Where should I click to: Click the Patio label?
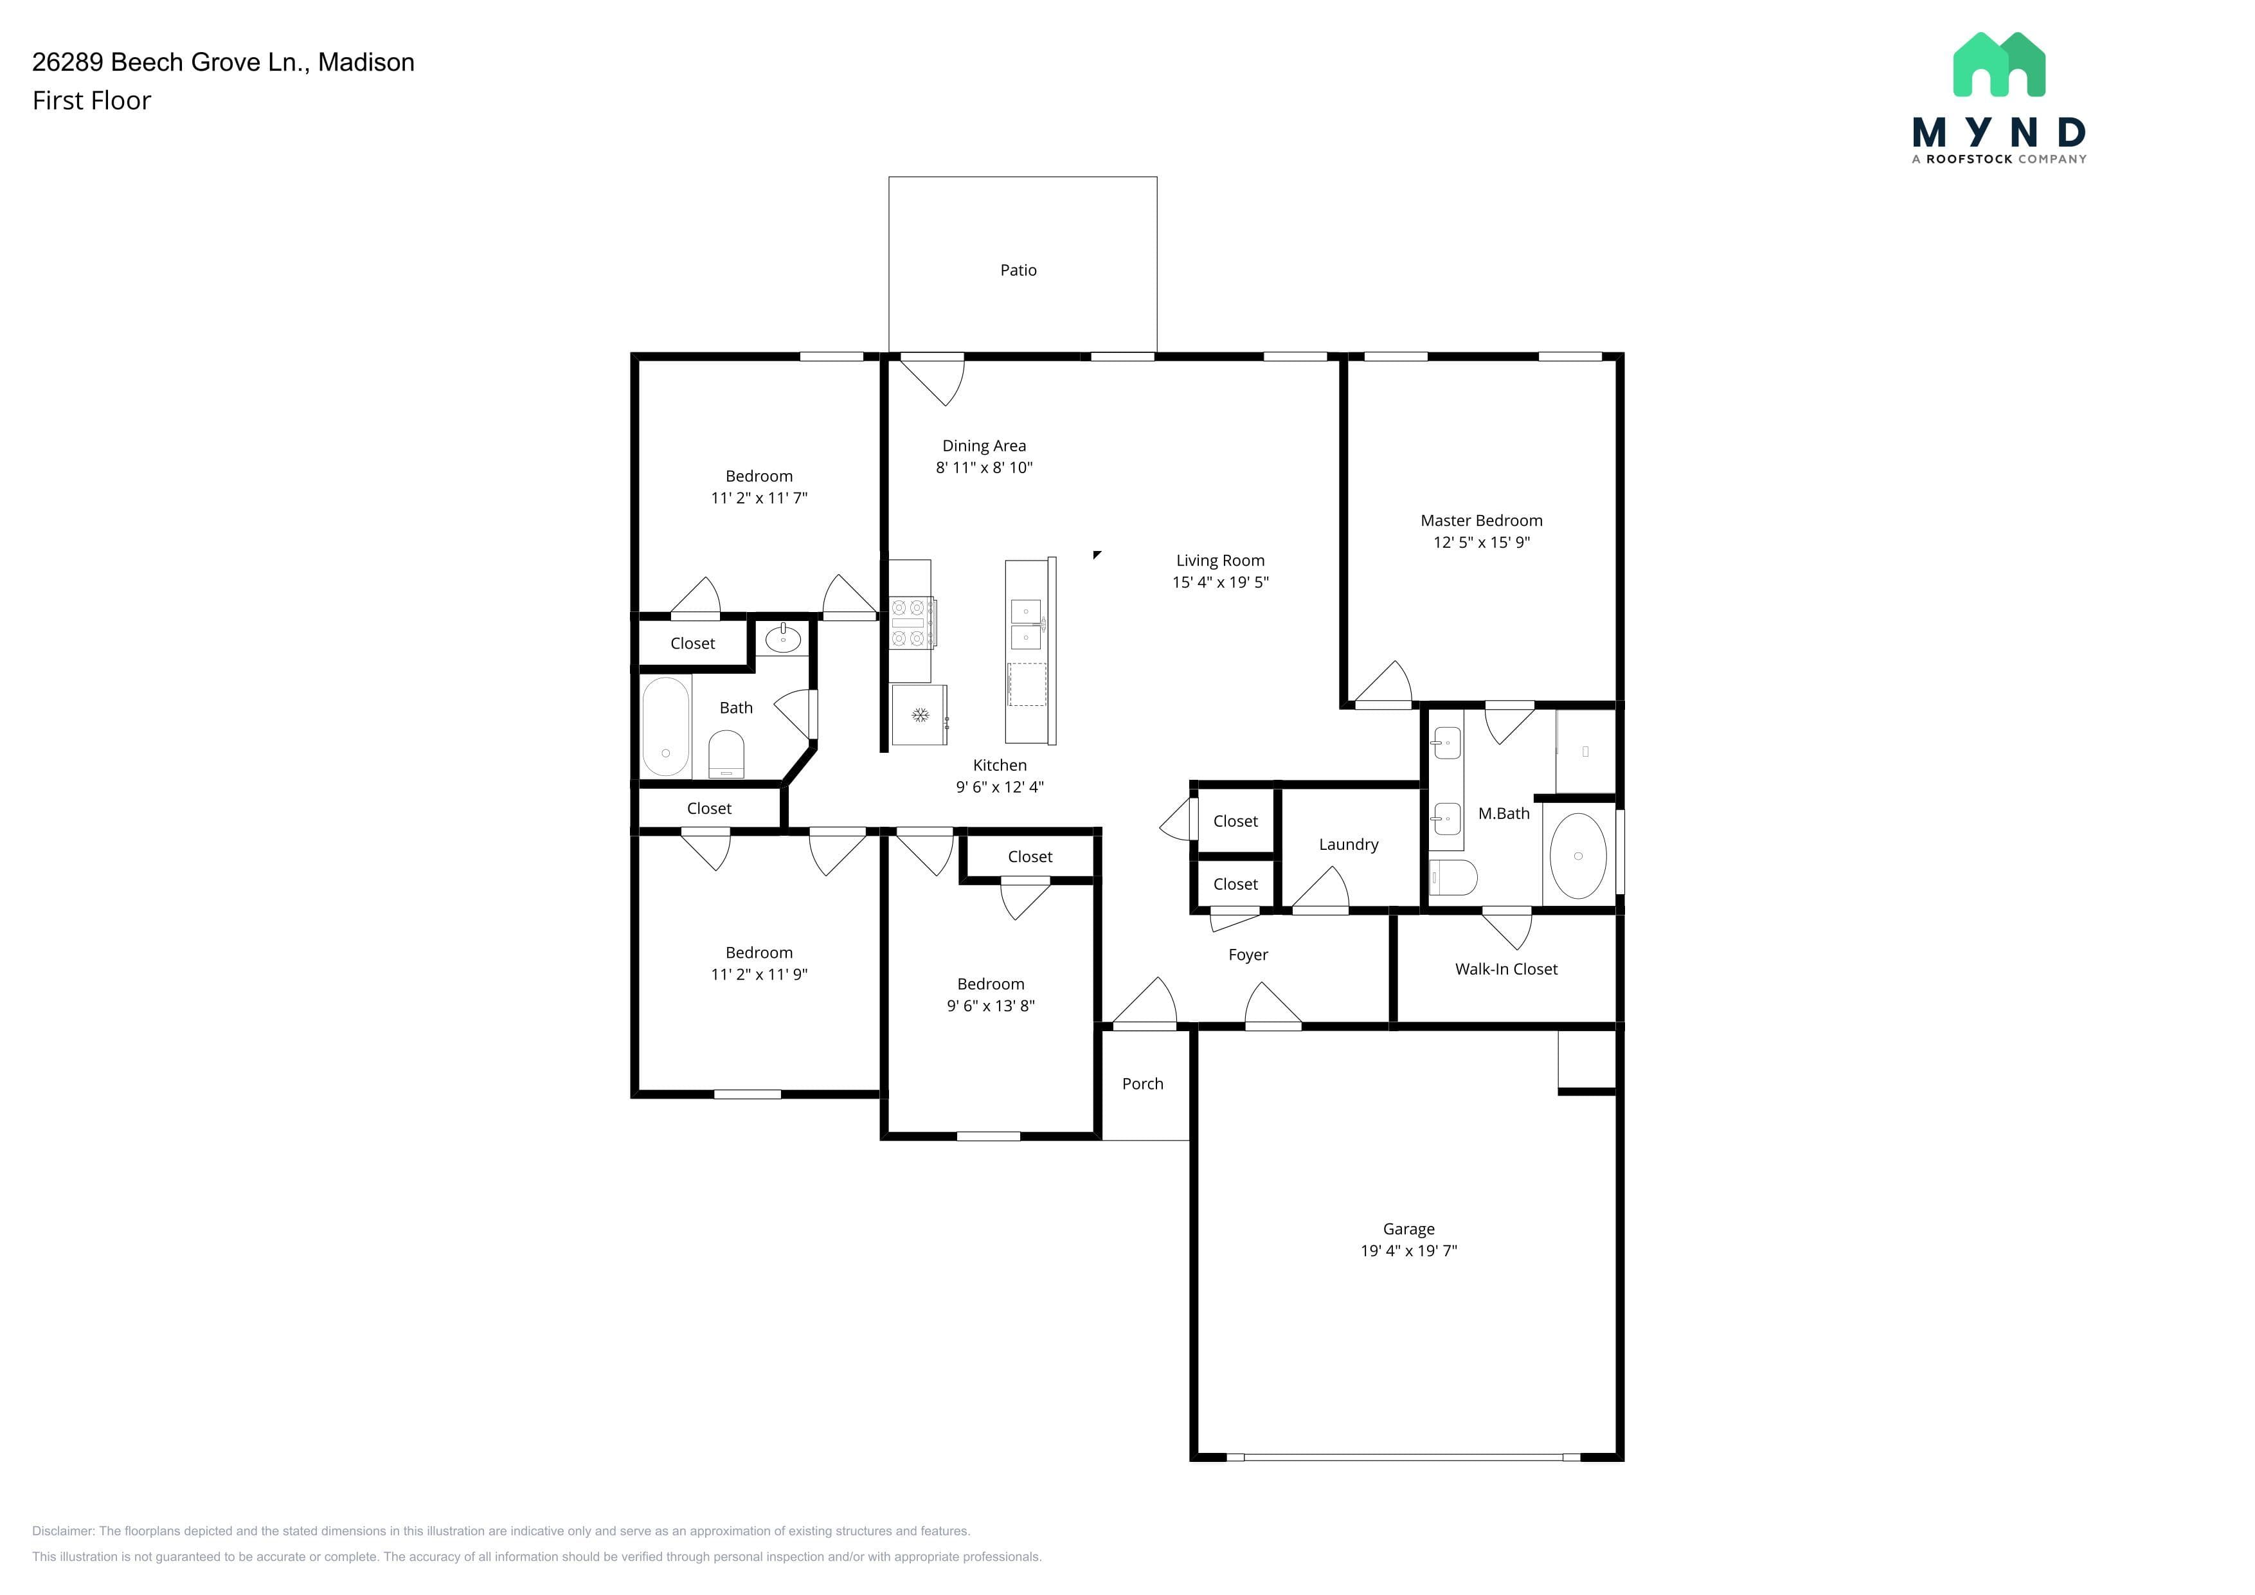pyautogui.click(x=1018, y=270)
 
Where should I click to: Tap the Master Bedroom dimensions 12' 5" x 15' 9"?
pyautogui.click(x=1481, y=542)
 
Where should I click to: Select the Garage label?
pyautogui.click(x=1408, y=1229)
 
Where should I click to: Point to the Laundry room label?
pyautogui.click(x=1349, y=845)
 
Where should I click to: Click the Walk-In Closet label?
pyautogui.click(x=1505, y=969)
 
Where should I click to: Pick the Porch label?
pyautogui.click(x=1142, y=1083)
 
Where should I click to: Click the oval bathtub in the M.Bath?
pyautogui.click(x=1577, y=856)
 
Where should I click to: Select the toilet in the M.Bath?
pyautogui.click(x=1453, y=878)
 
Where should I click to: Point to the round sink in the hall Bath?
pyautogui.click(x=783, y=640)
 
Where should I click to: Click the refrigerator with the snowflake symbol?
pyautogui.click(x=919, y=715)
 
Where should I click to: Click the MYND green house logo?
pyautogui.click(x=1999, y=65)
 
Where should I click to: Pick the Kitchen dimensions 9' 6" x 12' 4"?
pyautogui.click(x=1000, y=787)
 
